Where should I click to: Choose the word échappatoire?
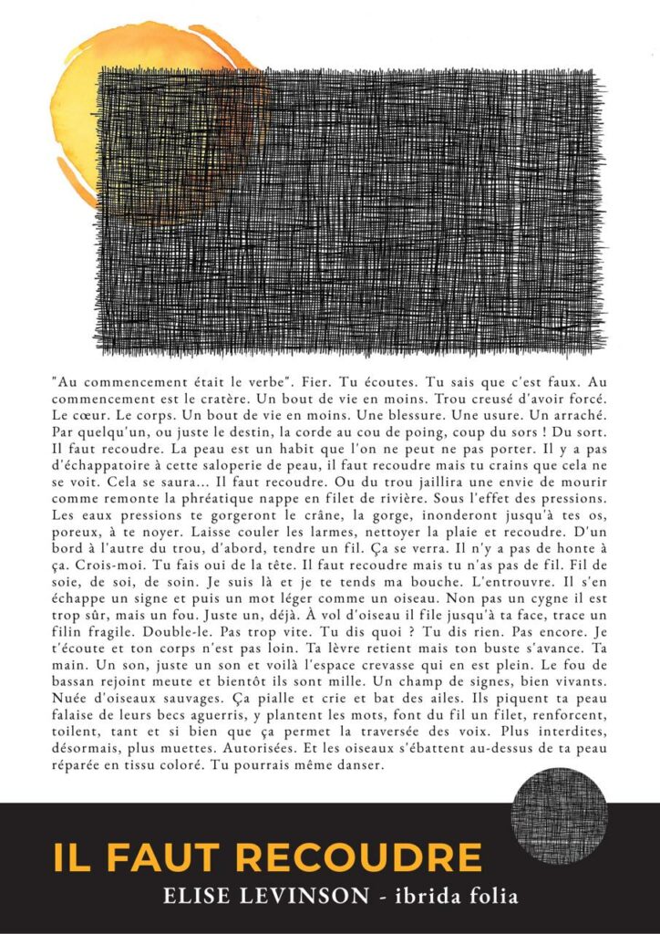pyautogui.click(x=103, y=467)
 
